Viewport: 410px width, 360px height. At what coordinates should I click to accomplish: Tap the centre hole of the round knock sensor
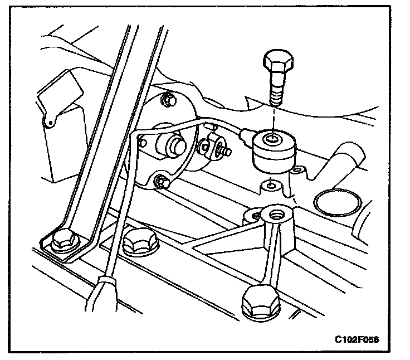point(272,138)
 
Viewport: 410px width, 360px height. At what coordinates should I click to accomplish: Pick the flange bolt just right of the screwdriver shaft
point(136,241)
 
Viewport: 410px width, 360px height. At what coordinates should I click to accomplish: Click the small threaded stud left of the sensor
point(224,150)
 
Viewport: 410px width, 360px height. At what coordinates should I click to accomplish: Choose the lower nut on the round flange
point(162,181)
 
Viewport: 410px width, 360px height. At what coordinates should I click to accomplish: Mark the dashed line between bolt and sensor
point(273,117)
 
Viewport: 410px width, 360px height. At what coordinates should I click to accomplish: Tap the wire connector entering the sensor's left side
point(243,134)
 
